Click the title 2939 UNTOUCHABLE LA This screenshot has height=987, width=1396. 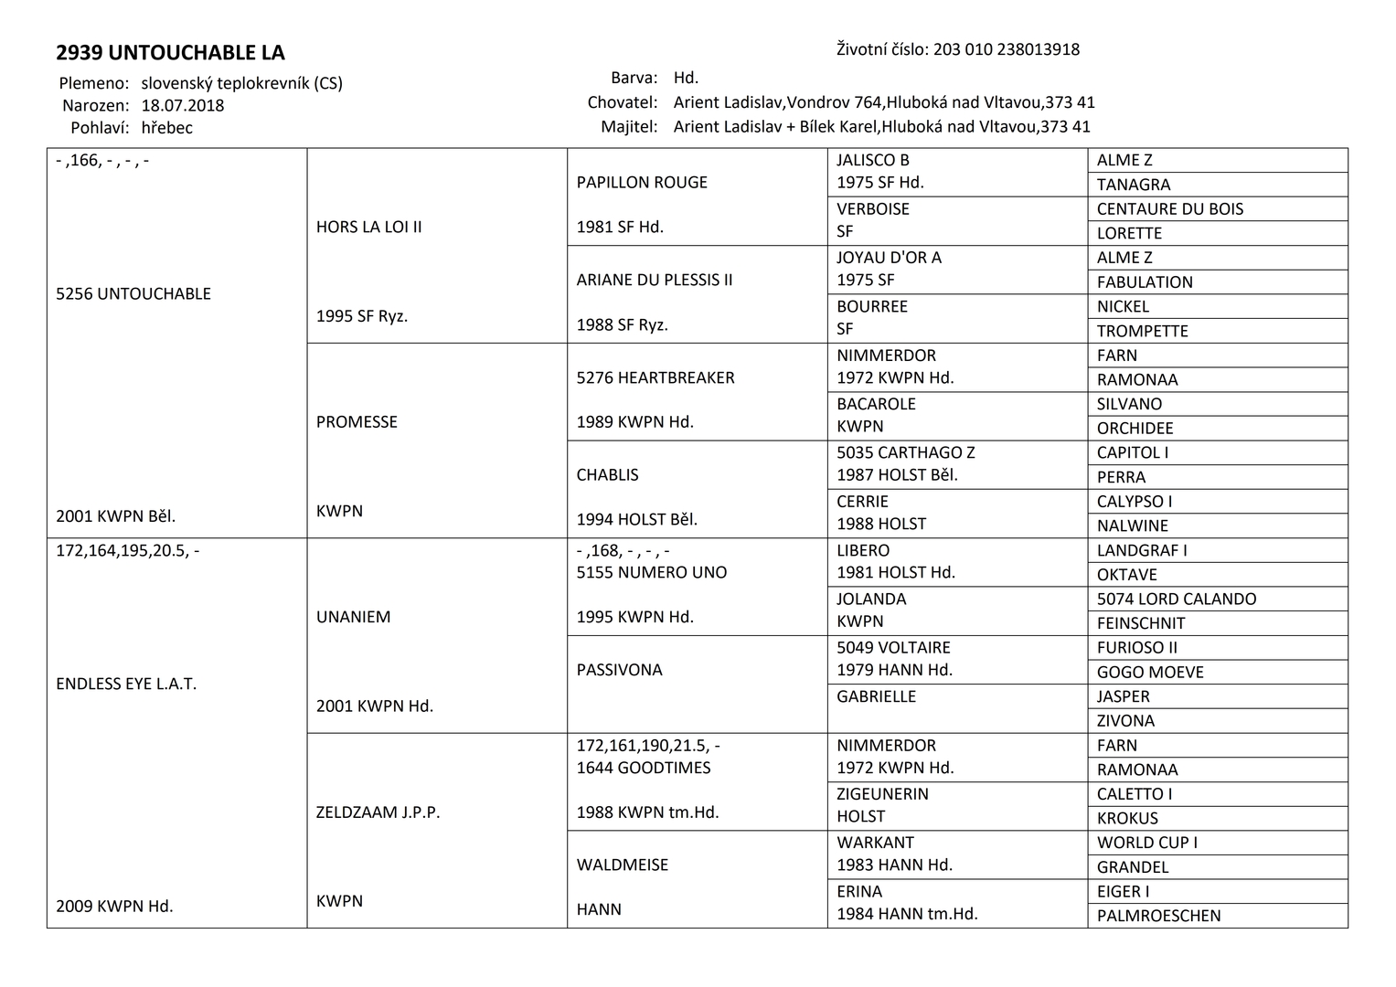(170, 52)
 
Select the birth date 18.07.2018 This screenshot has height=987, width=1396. (183, 105)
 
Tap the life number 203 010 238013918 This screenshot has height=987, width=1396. (1006, 49)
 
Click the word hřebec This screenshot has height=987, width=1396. (167, 128)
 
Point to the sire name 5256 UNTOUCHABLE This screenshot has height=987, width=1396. (133, 293)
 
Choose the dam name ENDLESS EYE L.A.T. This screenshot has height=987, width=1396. (126, 684)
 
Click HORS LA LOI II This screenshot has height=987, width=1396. (369, 227)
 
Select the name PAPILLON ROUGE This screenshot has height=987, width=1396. (642, 182)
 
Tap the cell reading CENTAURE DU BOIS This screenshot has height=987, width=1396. (1170, 208)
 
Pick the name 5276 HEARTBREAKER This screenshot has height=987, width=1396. (655, 377)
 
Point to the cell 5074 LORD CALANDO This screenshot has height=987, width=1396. (1177, 599)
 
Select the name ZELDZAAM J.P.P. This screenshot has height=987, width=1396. (378, 812)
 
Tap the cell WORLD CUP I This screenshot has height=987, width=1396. (1147, 843)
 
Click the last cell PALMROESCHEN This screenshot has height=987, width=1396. (1158, 916)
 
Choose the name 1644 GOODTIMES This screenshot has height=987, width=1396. (644, 768)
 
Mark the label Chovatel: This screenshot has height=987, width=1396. (623, 102)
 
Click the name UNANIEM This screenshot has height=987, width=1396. (354, 617)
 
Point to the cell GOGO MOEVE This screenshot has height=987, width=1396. (1150, 672)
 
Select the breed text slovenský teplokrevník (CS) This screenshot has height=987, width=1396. (242, 83)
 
